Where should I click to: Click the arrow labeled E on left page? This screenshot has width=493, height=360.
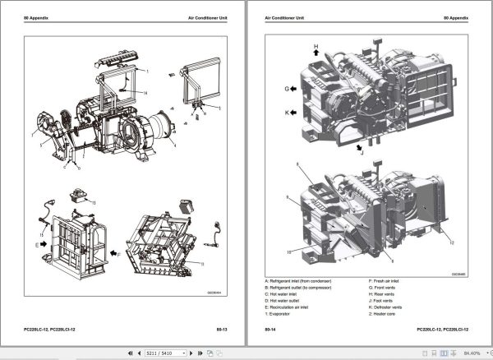(48, 244)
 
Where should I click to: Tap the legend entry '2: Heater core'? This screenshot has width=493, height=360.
(385, 314)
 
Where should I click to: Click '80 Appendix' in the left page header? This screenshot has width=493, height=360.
(37, 17)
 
